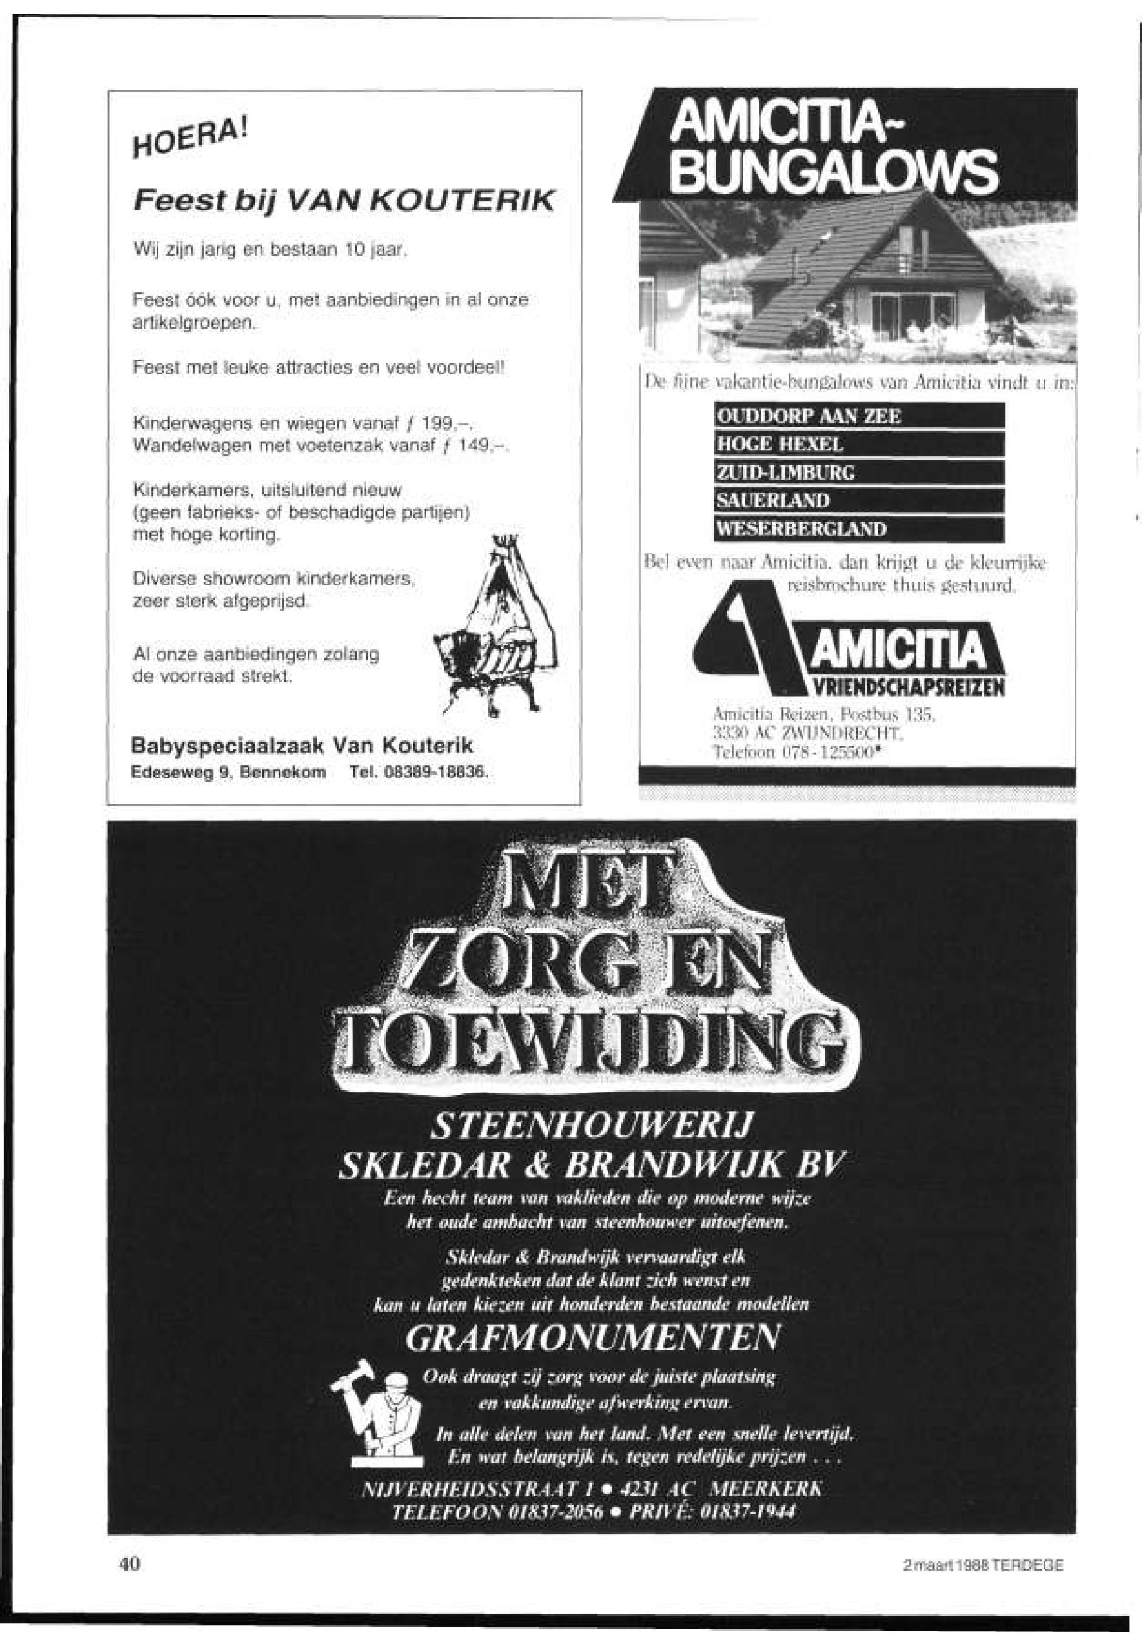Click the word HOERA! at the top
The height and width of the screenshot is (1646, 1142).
coord(192,142)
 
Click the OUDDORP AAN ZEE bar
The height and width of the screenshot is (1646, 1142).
coord(859,416)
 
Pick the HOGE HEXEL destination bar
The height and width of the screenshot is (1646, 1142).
coord(859,444)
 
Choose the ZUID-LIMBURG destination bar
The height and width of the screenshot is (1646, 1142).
coord(859,472)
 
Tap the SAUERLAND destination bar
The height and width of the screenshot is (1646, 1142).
coord(859,500)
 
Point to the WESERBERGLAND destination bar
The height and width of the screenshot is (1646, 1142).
coord(859,528)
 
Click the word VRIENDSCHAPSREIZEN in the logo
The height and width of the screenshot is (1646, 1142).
coord(904,689)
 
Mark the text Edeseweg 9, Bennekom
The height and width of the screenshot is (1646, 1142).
coord(229,773)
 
